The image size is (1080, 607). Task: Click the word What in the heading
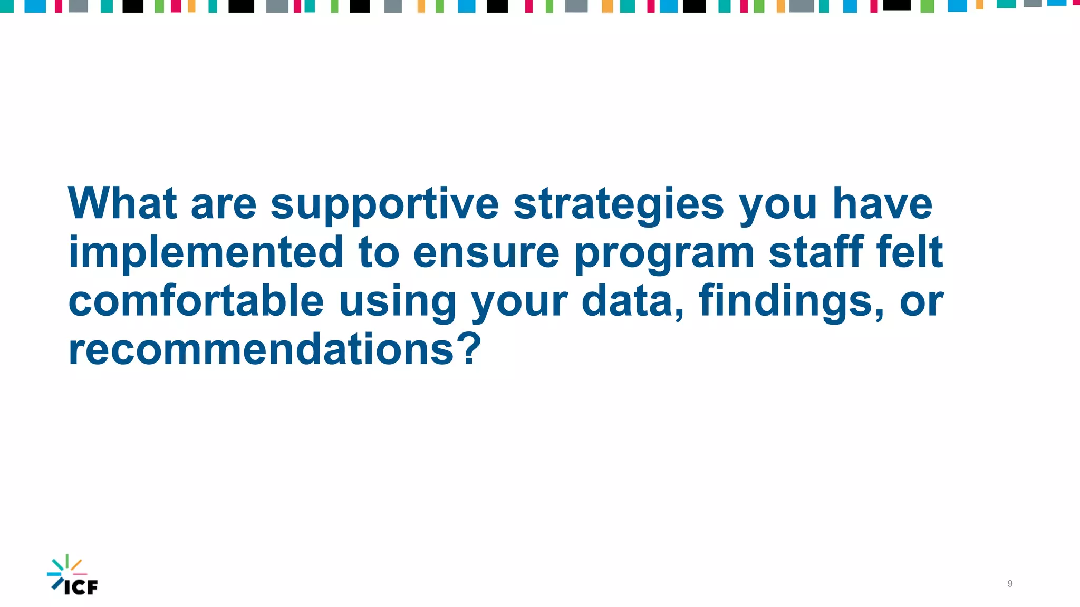(x=122, y=203)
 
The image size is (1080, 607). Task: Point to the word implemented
(x=206, y=252)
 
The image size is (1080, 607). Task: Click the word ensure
(x=486, y=253)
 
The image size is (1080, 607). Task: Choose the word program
(x=664, y=254)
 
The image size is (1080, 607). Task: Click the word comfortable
(x=196, y=301)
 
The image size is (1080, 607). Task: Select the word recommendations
(x=261, y=349)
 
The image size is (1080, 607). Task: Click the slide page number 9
(x=1010, y=583)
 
